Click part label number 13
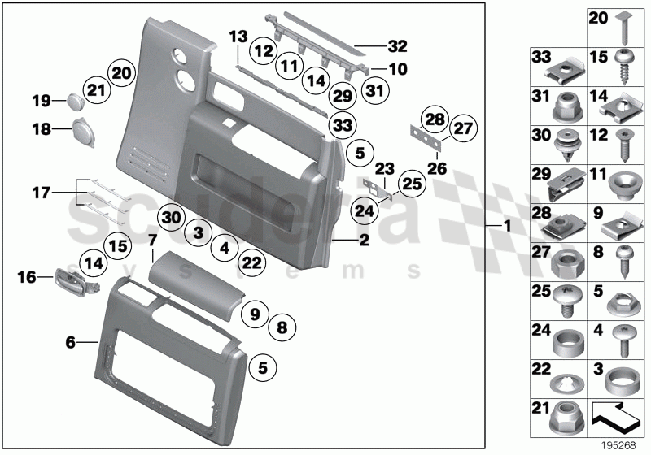pos(237,37)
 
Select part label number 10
pos(398,71)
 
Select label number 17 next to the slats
pos(41,193)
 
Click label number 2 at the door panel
pos(364,240)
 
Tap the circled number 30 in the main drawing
pos(170,217)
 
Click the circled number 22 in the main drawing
pos(252,261)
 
